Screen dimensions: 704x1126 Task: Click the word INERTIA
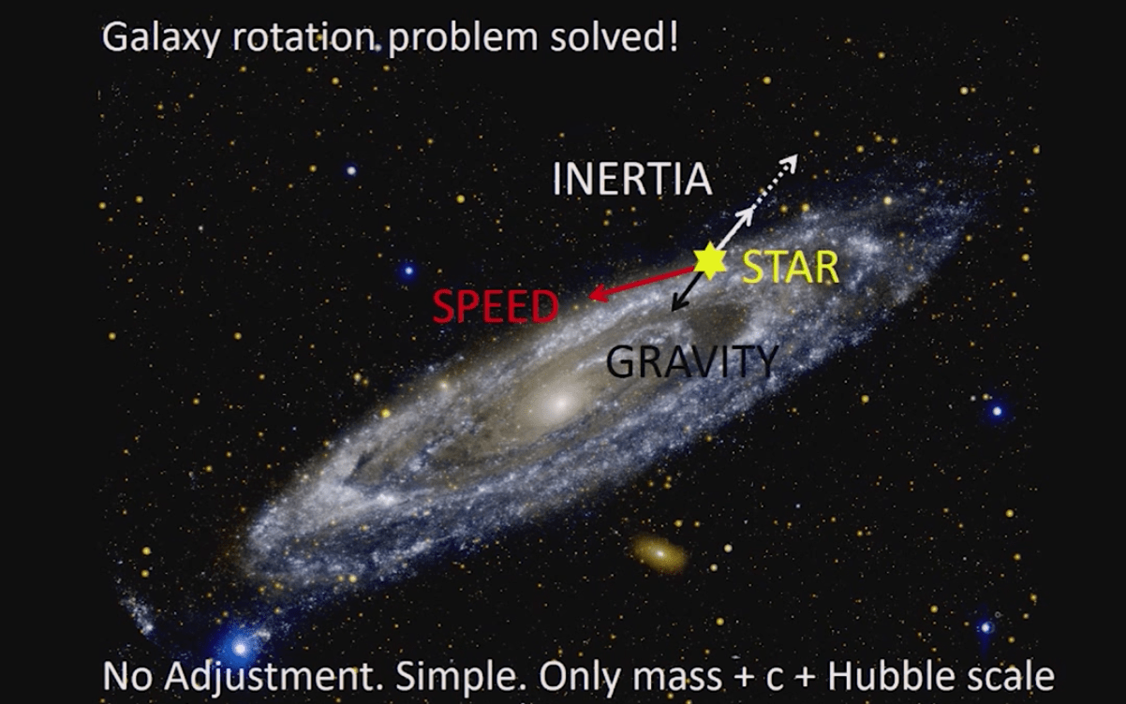coord(631,180)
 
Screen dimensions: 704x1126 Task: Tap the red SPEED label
coord(496,307)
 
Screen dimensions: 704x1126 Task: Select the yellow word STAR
coord(790,268)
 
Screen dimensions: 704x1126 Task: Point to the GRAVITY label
coord(692,361)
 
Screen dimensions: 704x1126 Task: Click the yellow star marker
coord(710,261)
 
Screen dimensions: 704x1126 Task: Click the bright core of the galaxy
coord(559,404)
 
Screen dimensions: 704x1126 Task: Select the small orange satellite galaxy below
coord(660,553)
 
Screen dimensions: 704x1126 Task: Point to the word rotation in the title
coord(301,37)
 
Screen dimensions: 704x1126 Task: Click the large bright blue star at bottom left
coord(241,645)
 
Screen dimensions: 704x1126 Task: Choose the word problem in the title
coord(465,39)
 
